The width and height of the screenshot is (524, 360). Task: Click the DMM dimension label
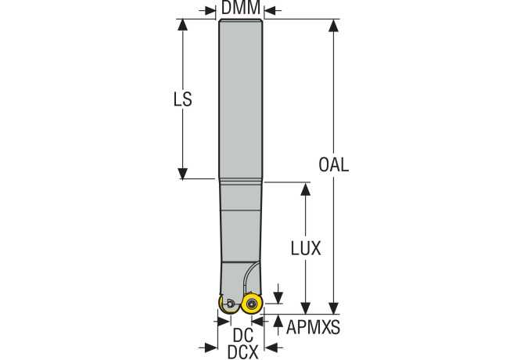[241, 7]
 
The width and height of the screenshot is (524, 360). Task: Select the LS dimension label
[183, 99]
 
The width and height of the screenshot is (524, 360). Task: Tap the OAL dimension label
[333, 164]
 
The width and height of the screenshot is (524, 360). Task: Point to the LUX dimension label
[306, 248]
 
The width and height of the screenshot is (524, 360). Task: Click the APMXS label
[313, 327]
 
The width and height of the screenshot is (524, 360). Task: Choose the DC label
[243, 335]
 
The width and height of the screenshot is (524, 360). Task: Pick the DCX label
[243, 352]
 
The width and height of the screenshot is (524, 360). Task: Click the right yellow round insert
[252, 304]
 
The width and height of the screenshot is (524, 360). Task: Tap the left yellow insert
[228, 304]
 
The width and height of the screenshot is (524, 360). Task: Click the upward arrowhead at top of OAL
[333, 25]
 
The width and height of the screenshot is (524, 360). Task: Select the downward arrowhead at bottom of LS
[182, 174]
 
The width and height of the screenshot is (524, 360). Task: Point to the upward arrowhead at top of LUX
[306, 189]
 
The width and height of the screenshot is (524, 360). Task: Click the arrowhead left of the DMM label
[210, 11]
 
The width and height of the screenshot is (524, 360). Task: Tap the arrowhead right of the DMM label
[270, 11]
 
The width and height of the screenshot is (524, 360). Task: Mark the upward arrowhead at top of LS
[182, 25]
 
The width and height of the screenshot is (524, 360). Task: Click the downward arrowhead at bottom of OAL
[333, 308]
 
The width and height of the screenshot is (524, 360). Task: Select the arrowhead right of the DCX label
[271, 347]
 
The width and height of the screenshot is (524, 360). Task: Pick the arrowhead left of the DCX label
[211, 347]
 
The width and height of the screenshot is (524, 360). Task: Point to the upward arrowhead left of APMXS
[278, 321]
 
